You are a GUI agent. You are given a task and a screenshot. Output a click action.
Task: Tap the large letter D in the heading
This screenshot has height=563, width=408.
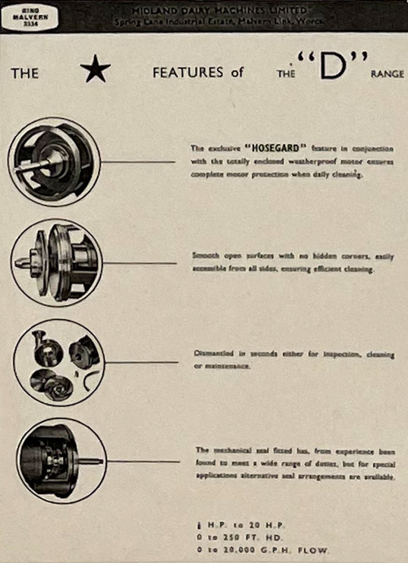(327, 70)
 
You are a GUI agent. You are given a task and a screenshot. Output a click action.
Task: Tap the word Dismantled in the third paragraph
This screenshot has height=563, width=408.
(212, 354)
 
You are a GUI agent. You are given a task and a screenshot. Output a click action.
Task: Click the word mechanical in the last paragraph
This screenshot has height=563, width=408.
(232, 449)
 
